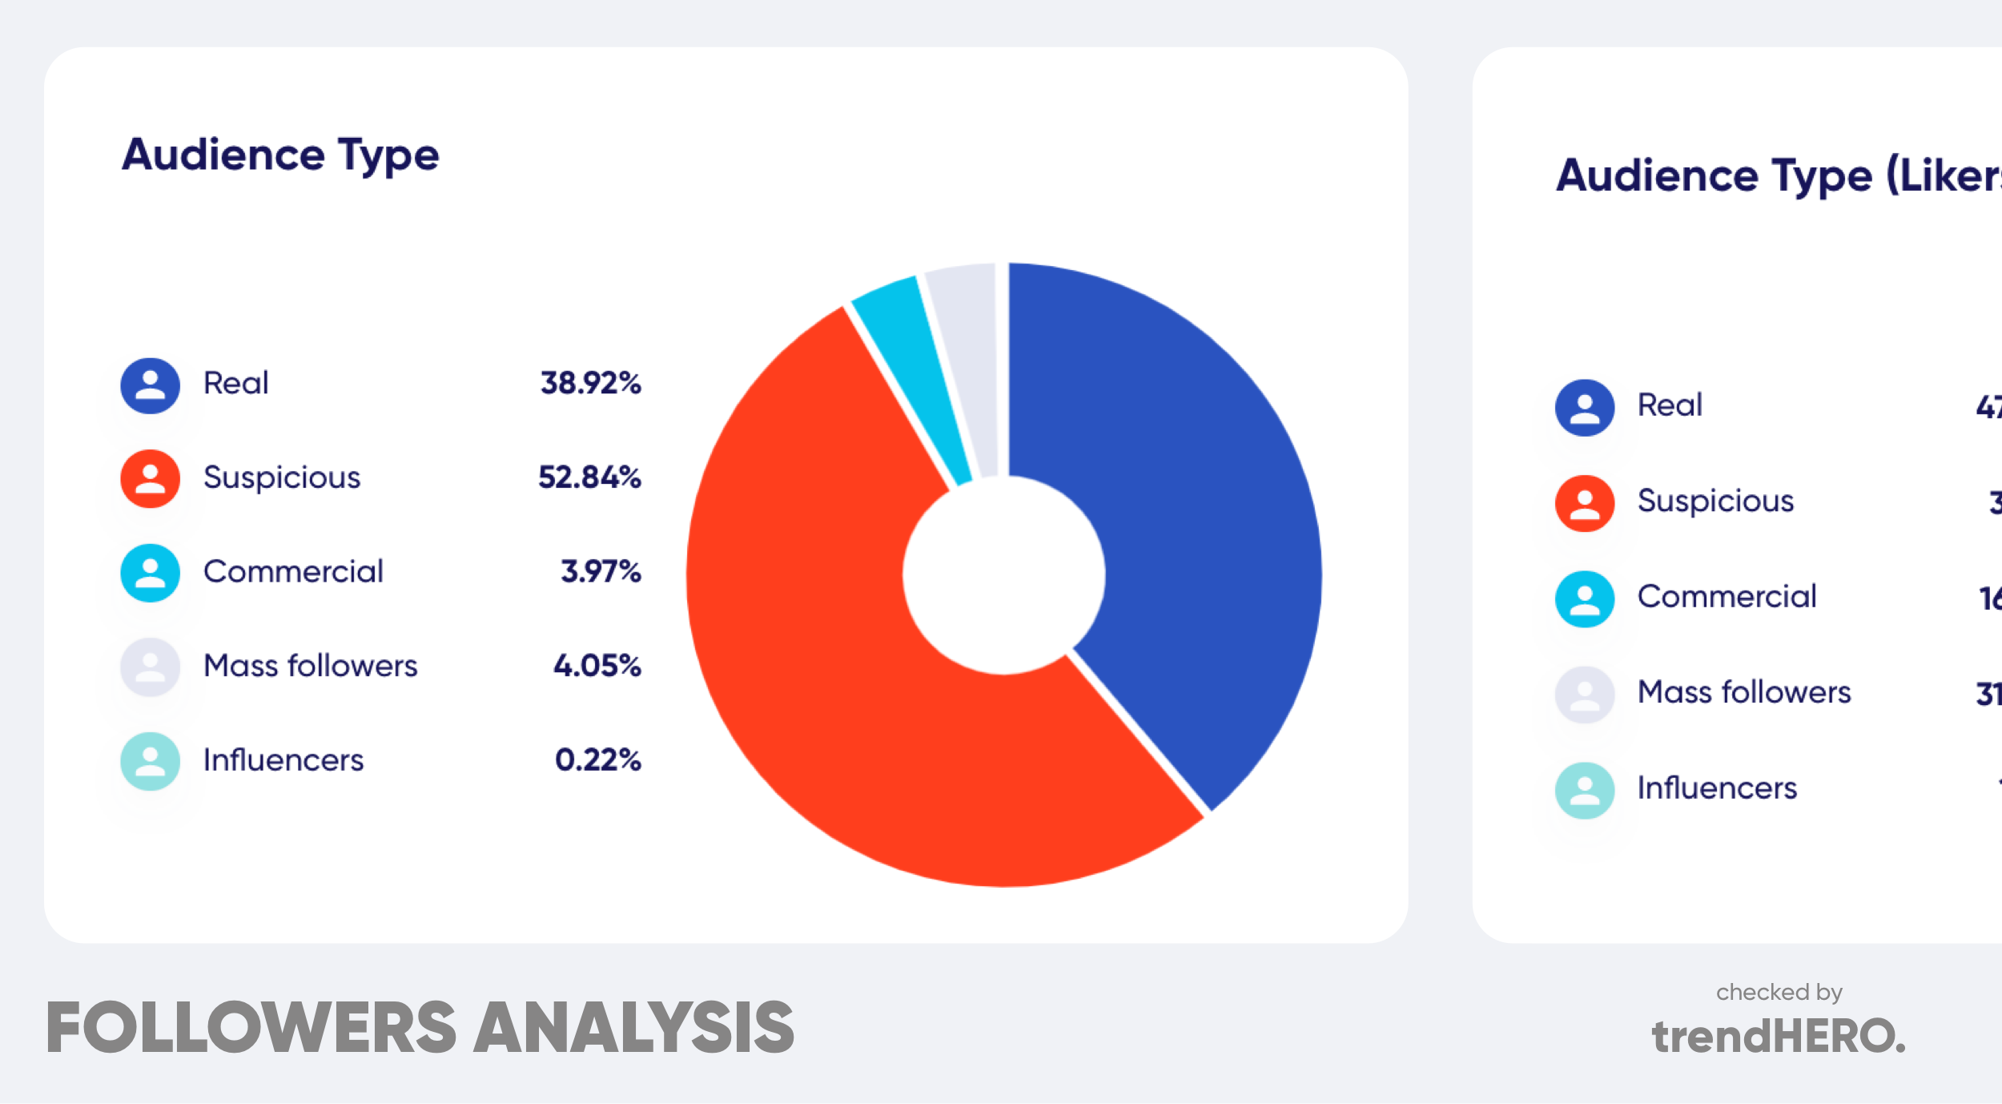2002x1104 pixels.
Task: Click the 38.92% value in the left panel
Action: coord(590,383)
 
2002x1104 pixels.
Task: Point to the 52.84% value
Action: coord(589,477)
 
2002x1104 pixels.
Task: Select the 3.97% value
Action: coord(601,571)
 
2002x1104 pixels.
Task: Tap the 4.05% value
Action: coord(597,666)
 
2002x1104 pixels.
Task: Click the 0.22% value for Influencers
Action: coord(597,760)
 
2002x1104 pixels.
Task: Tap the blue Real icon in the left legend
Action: coord(150,385)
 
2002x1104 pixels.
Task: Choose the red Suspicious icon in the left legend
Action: coord(150,478)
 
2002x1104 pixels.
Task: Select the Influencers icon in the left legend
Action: coord(150,761)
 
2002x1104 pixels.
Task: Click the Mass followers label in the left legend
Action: coord(311,666)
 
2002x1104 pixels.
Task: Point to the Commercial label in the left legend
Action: coord(293,571)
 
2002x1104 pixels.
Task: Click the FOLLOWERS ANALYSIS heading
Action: coord(420,1027)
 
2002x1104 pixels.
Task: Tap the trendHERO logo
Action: coord(1778,1036)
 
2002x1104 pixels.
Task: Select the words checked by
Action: coord(1779,992)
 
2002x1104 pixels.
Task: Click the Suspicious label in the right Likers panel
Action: coord(1715,501)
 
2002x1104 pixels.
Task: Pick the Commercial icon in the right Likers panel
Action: coord(1584,598)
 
